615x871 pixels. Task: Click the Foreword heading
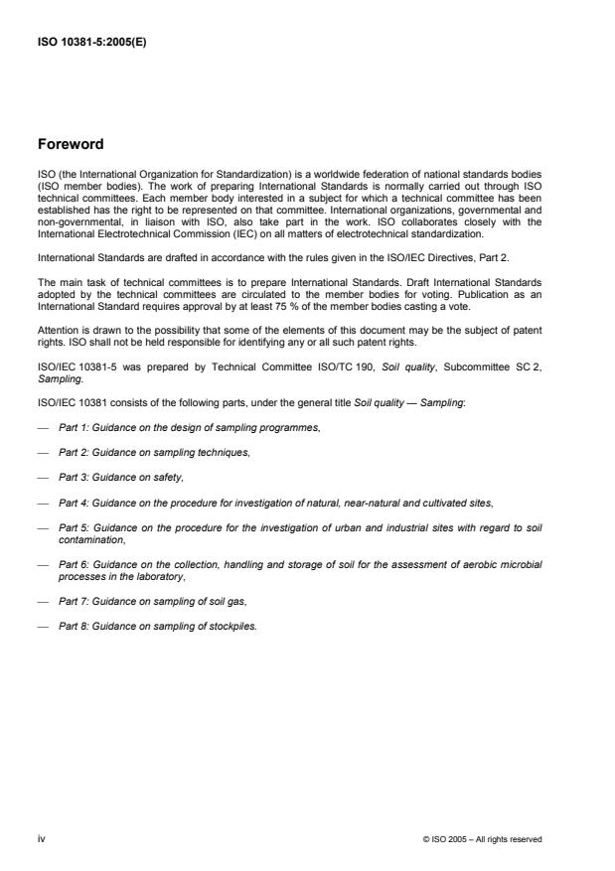(x=71, y=144)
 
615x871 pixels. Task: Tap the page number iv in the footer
(x=41, y=838)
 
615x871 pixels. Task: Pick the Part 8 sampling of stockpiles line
(x=158, y=629)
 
